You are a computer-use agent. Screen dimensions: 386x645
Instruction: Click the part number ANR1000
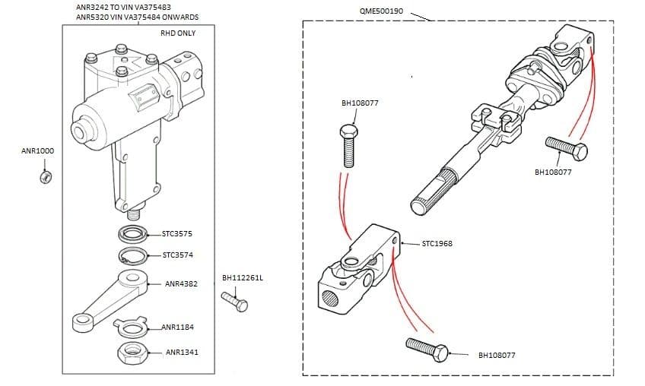click(37, 150)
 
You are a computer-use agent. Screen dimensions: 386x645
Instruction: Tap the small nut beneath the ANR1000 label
click(45, 177)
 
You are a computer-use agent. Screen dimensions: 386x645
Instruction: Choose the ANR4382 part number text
click(181, 283)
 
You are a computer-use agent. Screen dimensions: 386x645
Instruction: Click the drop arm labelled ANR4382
click(106, 301)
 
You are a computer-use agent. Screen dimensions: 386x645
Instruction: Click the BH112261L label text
click(242, 278)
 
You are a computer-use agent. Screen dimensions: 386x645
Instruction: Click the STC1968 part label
click(437, 245)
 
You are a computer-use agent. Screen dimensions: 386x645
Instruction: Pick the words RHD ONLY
click(177, 33)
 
